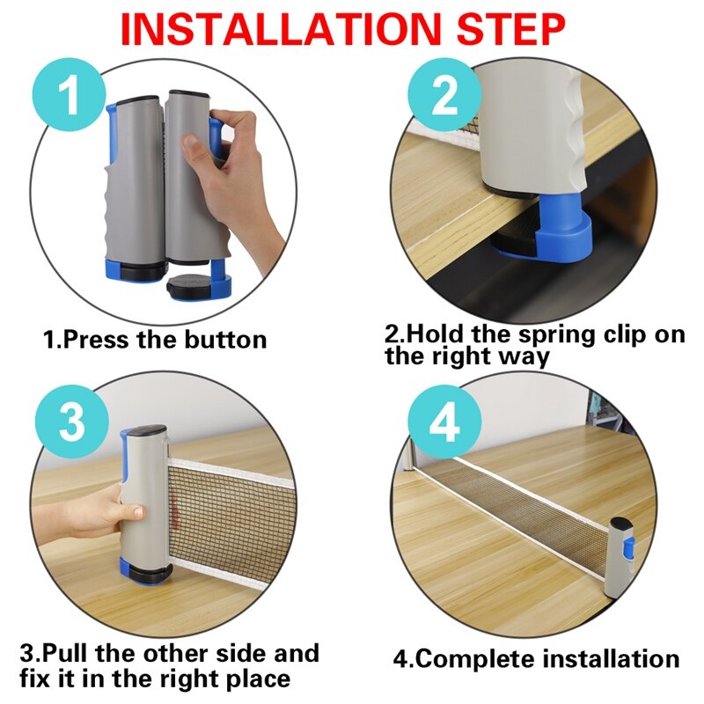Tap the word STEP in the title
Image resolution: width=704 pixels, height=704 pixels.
pyautogui.click(x=511, y=30)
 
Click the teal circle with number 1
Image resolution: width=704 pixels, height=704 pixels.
pyautogui.click(x=70, y=94)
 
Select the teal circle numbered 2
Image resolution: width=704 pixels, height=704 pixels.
pyautogui.click(x=444, y=94)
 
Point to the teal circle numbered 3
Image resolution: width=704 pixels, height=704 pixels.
pyautogui.click(x=72, y=422)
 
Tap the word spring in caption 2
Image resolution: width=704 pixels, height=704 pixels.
pyautogui.click(x=557, y=335)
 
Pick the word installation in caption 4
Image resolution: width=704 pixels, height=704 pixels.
pyautogui.click(x=611, y=659)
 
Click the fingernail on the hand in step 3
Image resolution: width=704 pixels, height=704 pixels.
pyautogui.click(x=138, y=511)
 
